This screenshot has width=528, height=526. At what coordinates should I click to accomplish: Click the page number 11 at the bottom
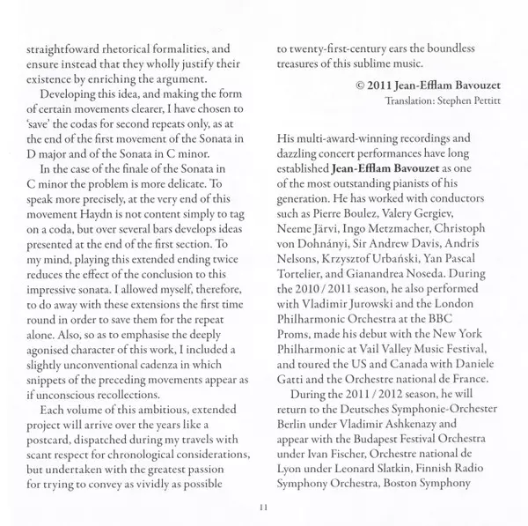(263, 506)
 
